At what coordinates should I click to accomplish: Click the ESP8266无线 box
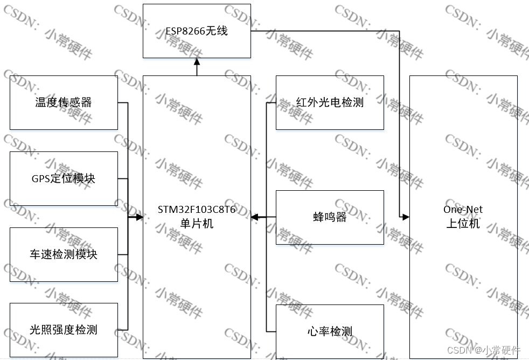click(197, 31)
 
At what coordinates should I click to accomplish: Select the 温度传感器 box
click(64, 102)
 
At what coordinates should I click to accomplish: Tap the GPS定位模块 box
click(64, 178)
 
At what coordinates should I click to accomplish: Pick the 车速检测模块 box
click(64, 254)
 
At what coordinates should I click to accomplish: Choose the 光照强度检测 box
click(64, 330)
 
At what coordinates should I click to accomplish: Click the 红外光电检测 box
click(330, 102)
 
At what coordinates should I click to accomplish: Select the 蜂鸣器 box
click(330, 217)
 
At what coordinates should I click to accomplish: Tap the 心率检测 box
click(330, 331)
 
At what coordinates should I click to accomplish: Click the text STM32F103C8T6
click(197, 210)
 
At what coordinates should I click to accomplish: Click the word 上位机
click(463, 223)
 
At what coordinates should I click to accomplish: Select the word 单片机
click(197, 223)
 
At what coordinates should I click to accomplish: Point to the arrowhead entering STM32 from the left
click(140, 217)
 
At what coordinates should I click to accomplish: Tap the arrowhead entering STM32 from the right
click(254, 217)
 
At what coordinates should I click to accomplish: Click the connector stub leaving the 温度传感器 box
click(123, 102)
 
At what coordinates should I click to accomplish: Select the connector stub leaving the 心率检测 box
click(271, 331)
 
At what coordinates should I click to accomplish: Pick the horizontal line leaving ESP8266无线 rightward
click(323, 31)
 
